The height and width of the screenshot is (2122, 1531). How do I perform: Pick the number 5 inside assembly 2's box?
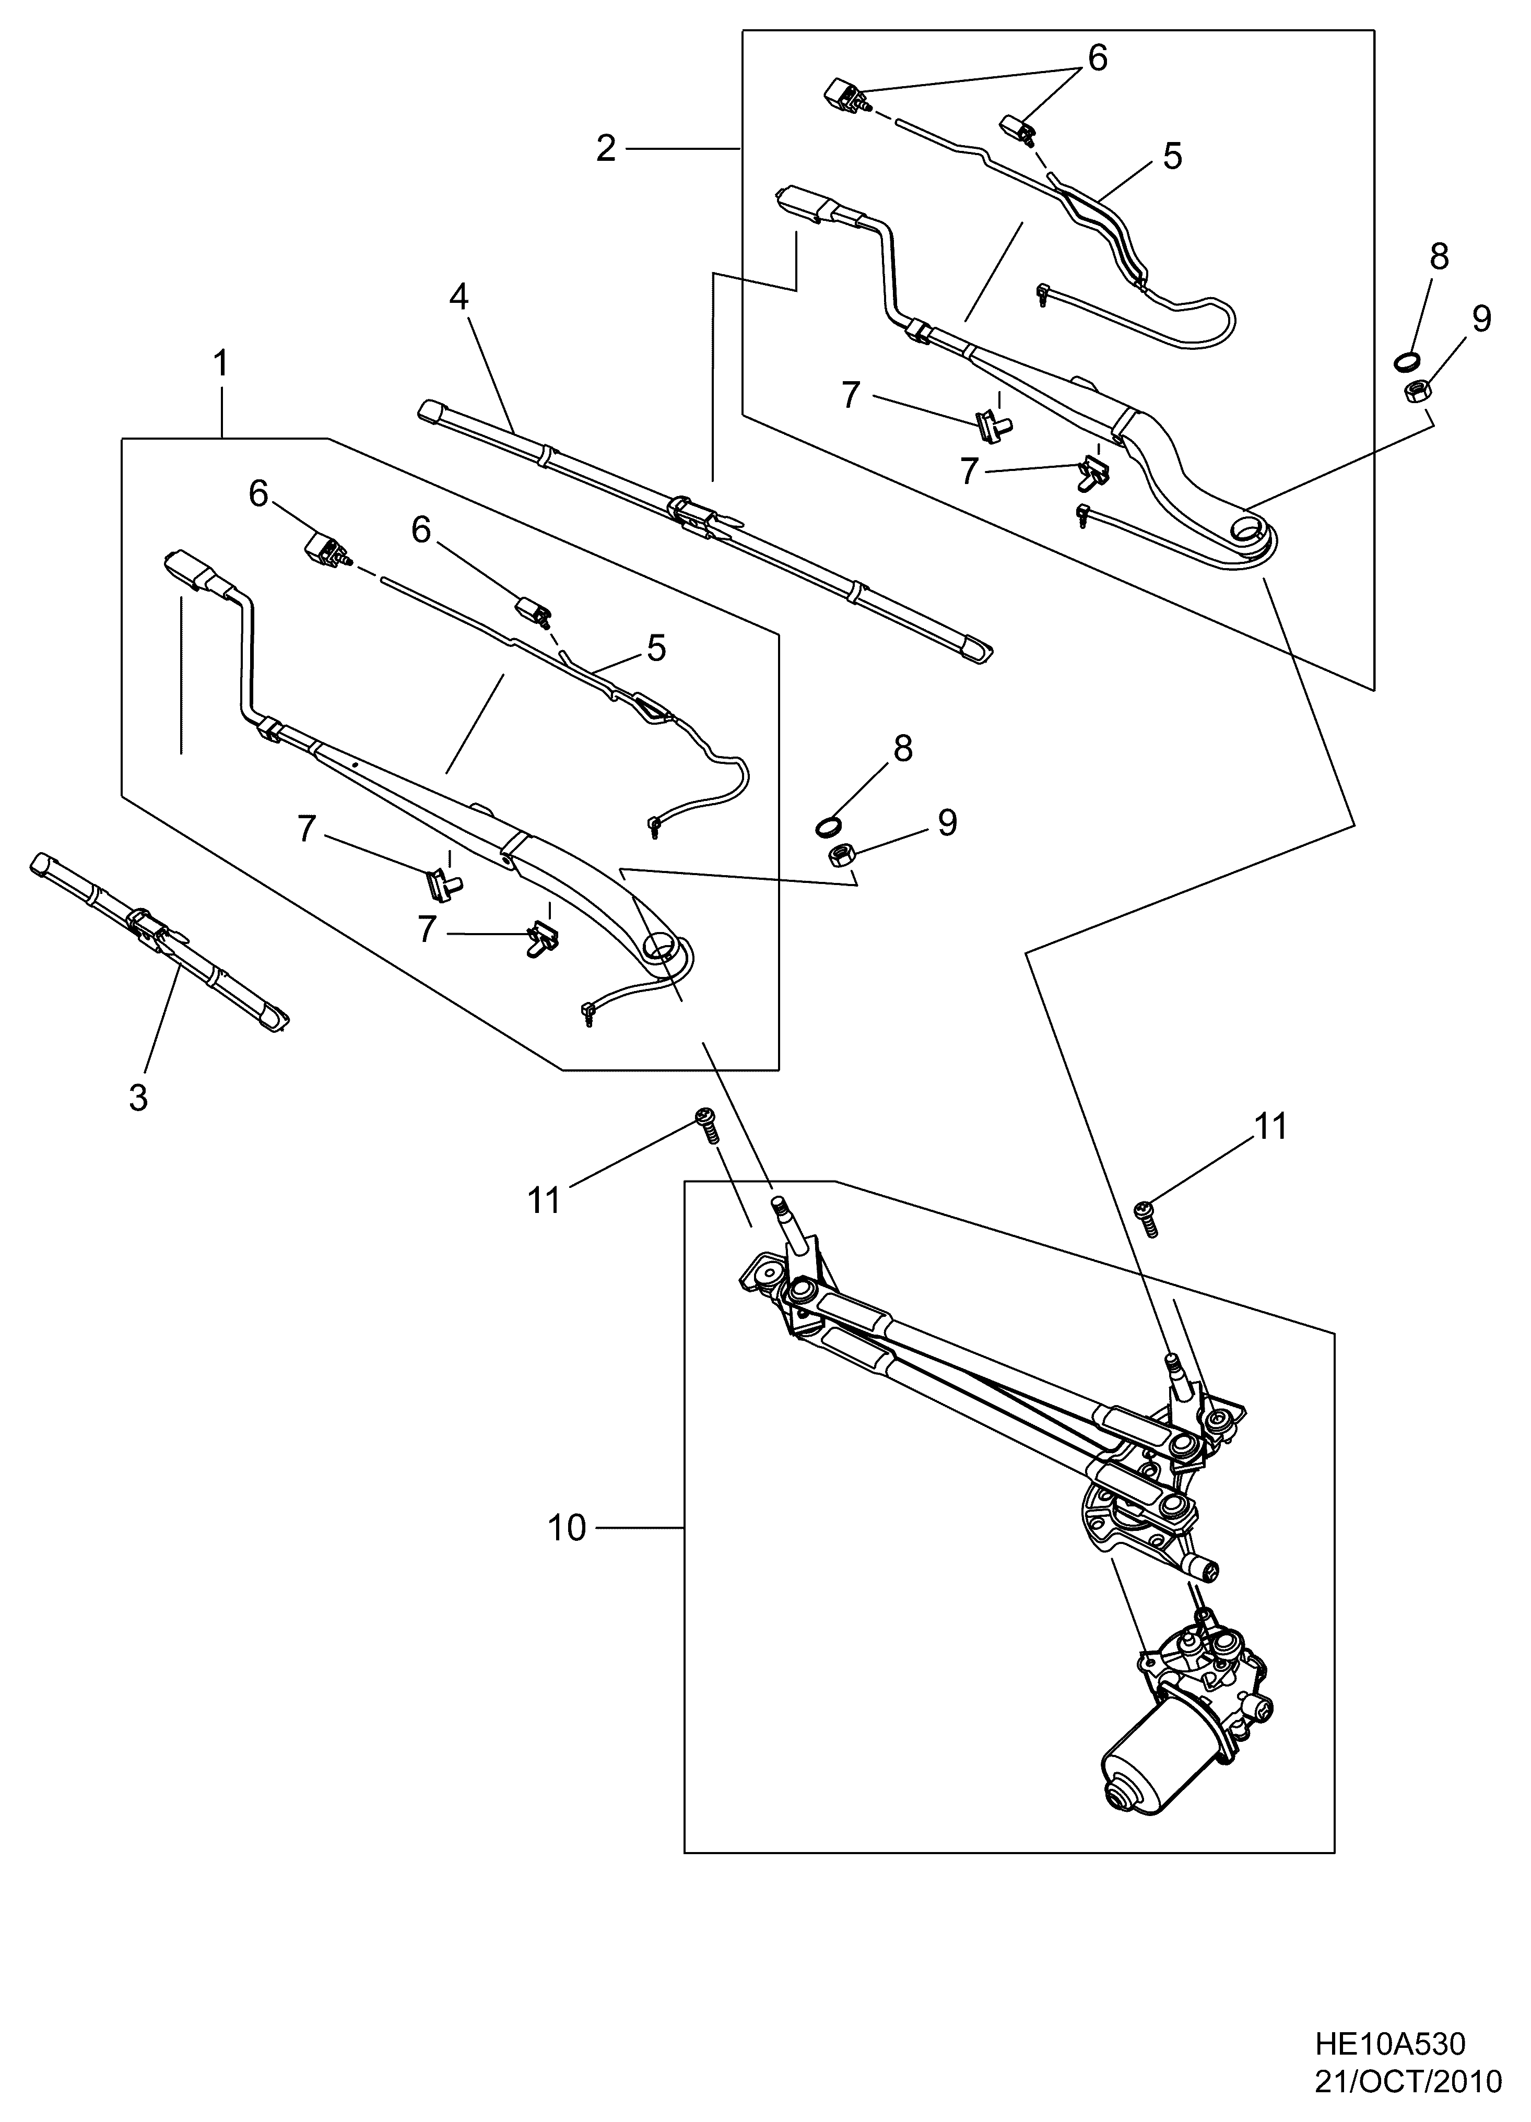(x=1173, y=155)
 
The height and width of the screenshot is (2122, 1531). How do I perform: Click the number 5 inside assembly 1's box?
(x=656, y=647)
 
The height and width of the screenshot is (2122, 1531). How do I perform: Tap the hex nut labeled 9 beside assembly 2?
(x=1415, y=390)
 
